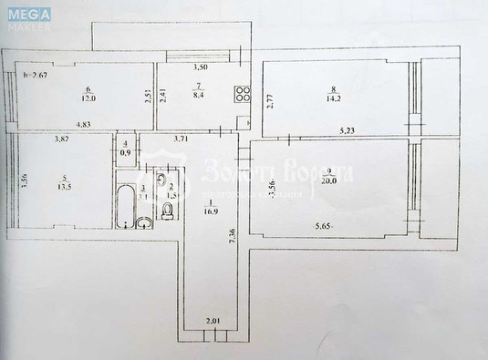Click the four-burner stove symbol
[x=244, y=93]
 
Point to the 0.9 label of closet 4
[x=125, y=151]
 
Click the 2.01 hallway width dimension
[x=213, y=320]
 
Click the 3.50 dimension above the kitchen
[x=200, y=67]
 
